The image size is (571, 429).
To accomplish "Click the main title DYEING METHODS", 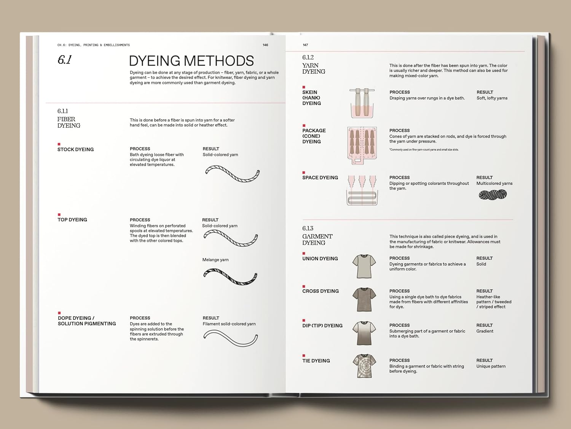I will pyautogui.click(x=191, y=61).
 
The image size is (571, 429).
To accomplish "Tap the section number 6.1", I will pyautogui.click(x=64, y=60).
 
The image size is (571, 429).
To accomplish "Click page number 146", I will pyautogui.click(x=265, y=45).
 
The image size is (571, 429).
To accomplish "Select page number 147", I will pyautogui.click(x=305, y=45).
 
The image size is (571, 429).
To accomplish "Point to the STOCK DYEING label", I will pyautogui.click(x=75, y=149).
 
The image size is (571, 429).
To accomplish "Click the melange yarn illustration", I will pyautogui.click(x=230, y=277).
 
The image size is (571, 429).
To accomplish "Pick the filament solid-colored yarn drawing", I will pyautogui.click(x=230, y=338).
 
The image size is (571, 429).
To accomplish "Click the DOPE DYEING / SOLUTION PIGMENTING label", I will pyautogui.click(x=87, y=321).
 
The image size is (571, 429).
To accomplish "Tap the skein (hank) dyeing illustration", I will pyautogui.click(x=362, y=103).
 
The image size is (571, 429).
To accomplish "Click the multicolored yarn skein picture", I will pyautogui.click(x=493, y=195).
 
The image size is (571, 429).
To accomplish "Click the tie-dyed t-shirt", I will pyautogui.click(x=364, y=366).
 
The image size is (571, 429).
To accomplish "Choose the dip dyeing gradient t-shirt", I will pyautogui.click(x=364, y=333).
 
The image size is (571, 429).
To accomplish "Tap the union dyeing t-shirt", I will pyautogui.click(x=364, y=266).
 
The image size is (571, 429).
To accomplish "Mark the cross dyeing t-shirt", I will pyautogui.click(x=364, y=299).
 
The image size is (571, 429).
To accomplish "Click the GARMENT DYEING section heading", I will pyautogui.click(x=317, y=239).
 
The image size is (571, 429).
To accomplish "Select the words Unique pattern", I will pyautogui.click(x=491, y=366).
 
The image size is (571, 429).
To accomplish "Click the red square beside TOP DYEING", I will pyautogui.click(x=59, y=215).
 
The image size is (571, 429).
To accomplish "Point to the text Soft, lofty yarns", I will pyautogui.click(x=492, y=98).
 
